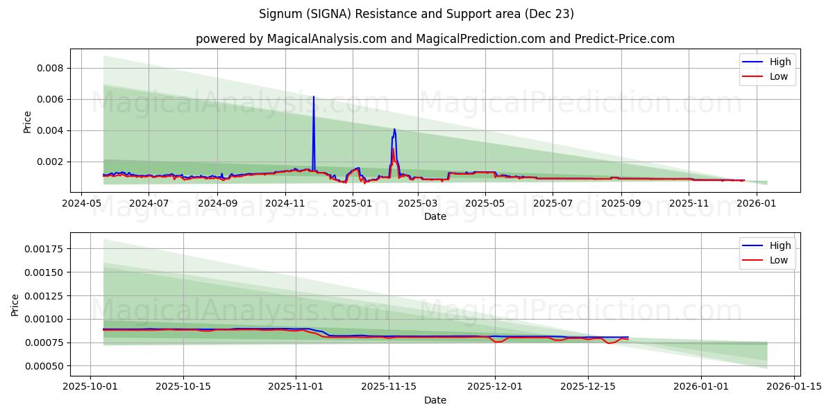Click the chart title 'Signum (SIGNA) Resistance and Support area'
point(416,14)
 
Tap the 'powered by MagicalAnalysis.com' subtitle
point(435,39)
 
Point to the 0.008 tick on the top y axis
point(50,68)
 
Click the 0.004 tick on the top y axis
point(50,130)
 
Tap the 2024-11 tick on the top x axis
point(285,203)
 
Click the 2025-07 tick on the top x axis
point(554,203)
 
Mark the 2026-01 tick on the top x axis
point(756,203)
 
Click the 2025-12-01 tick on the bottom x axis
point(495,387)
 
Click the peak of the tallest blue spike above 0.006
point(314,97)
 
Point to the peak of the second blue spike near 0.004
point(394,129)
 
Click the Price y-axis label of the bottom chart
point(15,304)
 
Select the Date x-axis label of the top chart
point(435,216)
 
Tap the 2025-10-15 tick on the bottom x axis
point(183,387)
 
